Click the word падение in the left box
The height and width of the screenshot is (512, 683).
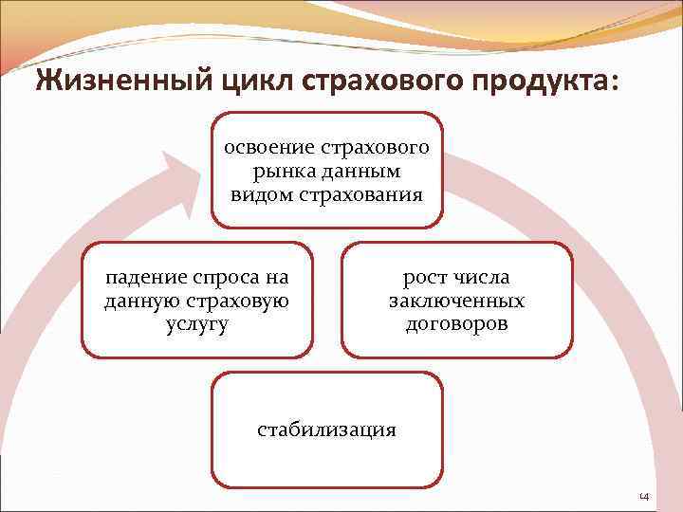(143, 278)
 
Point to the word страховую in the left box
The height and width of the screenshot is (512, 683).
(241, 301)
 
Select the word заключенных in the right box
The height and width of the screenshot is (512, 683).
(456, 301)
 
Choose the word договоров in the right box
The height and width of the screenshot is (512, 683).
(456, 323)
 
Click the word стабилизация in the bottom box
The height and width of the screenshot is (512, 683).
(327, 430)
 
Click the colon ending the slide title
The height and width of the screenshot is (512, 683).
(619, 85)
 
